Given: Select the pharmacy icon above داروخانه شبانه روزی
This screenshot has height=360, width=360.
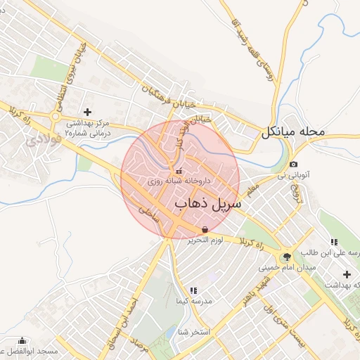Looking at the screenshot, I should point(178,170).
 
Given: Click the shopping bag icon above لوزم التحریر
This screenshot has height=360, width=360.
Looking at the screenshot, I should point(205,229).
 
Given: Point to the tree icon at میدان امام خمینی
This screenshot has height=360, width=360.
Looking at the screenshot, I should point(286,257).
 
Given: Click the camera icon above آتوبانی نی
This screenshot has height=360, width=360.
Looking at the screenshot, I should point(293,164).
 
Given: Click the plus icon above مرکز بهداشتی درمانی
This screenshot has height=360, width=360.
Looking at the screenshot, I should point(88,112).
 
